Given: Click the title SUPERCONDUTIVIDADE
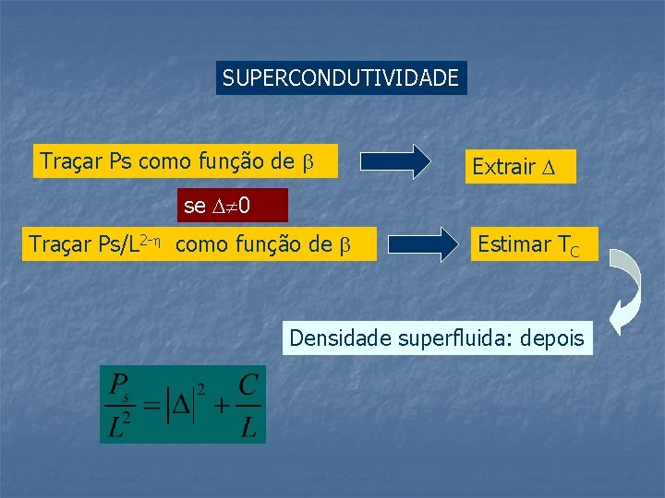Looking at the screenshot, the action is [x=341, y=78].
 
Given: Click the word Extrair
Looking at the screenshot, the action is [x=503, y=167].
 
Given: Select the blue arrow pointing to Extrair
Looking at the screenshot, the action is [x=394, y=161].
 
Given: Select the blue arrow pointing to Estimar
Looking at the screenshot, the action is [x=424, y=244].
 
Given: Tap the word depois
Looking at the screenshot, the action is [x=551, y=338].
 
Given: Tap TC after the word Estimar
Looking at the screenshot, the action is [x=568, y=246].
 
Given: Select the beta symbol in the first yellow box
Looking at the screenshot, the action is [x=308, y=162].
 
